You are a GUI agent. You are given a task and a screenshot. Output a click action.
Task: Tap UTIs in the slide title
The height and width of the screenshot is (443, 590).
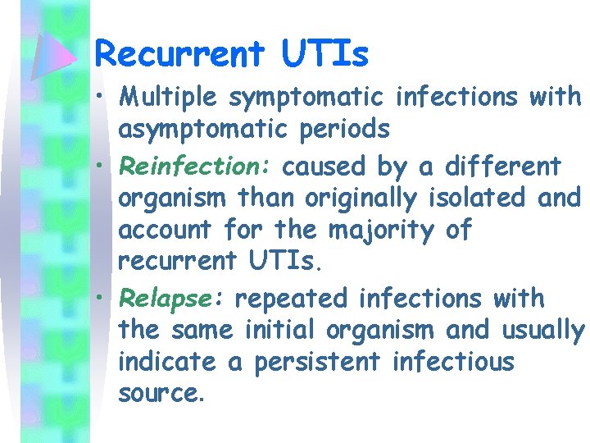tap(325, 54)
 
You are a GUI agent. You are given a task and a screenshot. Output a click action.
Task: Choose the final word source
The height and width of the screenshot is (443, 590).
tap(161, 395)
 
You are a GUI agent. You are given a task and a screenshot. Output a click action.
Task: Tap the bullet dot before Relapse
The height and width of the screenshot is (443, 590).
tap(100, 298)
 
